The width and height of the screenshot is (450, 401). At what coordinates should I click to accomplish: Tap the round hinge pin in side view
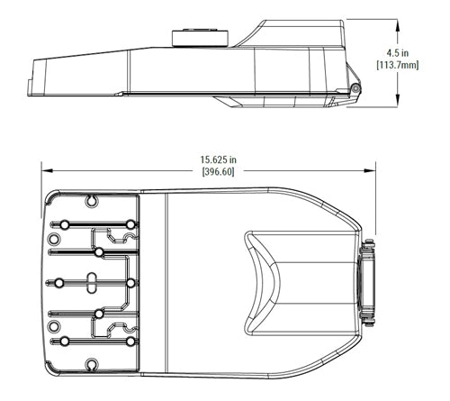pyautogui.click(x=356, y=87)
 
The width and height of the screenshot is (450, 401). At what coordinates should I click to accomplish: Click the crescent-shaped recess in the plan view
pyautogui.click(x=258, y=282)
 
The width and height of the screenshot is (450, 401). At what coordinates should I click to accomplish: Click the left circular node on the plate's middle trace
pyautogui.click(x=59, y=283)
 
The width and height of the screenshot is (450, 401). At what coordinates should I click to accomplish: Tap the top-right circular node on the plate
pyautogui.click(x=131, y=223)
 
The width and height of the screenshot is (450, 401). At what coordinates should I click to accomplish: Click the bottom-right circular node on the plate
pyautogui.click(x=131, y=342)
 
